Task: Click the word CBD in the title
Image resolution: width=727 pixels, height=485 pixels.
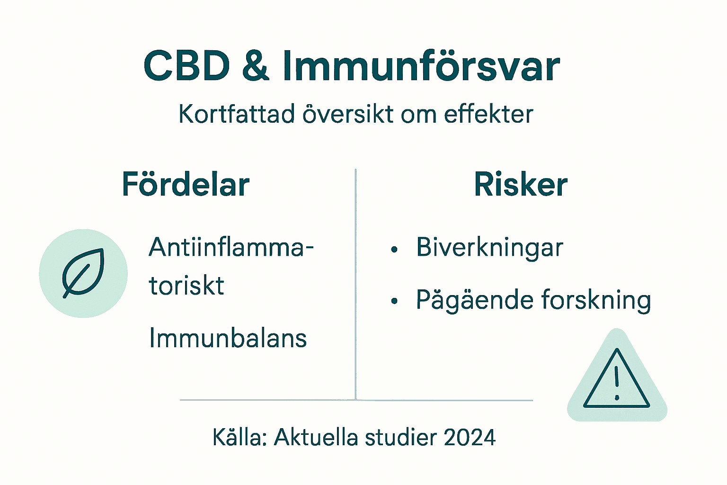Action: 186,66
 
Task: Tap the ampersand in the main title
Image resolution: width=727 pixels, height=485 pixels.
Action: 256,66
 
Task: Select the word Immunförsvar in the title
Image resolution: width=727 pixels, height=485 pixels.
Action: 421,66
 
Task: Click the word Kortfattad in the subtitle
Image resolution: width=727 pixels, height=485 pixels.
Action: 237,114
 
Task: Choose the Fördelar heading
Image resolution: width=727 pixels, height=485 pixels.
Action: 186,184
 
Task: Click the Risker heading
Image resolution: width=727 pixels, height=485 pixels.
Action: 521,184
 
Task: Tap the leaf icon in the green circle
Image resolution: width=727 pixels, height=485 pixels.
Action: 83,273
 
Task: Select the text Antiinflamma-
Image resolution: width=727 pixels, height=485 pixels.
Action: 231,247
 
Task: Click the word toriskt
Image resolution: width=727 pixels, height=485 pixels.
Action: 186,286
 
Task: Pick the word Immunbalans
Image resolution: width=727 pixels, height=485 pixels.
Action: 228,338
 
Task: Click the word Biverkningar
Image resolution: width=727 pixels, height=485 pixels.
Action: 489,247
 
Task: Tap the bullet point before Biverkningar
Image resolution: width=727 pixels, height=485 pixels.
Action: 394,250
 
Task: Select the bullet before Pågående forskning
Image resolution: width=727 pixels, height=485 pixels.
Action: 394,301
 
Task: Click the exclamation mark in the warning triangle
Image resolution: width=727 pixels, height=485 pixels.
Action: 617,383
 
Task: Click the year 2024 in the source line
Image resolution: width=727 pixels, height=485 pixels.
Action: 470,437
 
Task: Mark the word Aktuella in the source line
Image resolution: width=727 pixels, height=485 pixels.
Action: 316,437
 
